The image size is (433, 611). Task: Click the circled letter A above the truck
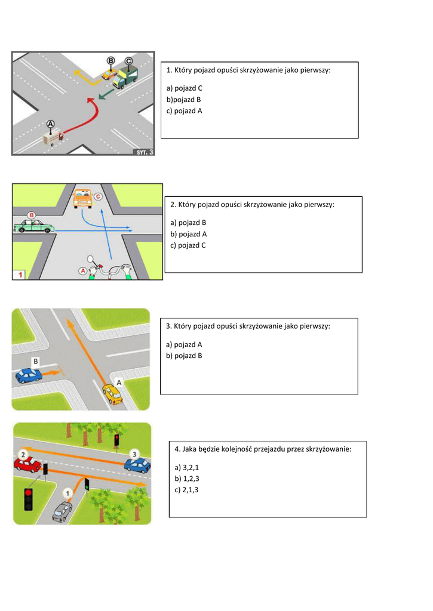tap(51, 124)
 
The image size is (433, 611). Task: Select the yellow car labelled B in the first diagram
tap(108, 75)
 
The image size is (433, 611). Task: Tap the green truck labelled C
tap(126, 78)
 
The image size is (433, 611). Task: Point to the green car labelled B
tap(34, 226)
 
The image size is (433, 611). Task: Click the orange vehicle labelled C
tap(82, 199)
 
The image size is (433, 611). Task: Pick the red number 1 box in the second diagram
tap(20, 274)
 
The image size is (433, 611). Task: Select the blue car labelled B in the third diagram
tap(29, 375)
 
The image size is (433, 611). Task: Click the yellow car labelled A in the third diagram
tap(112, 394)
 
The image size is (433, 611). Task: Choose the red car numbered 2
tap(27, 465)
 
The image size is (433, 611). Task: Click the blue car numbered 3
tap(137, 465)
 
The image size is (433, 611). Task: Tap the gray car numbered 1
tap(62, 511)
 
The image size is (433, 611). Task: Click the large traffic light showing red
tap(28, 499)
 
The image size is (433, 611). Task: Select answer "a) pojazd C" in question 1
tap(185, 88)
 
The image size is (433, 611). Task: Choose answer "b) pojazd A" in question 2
tap(189, 233)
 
